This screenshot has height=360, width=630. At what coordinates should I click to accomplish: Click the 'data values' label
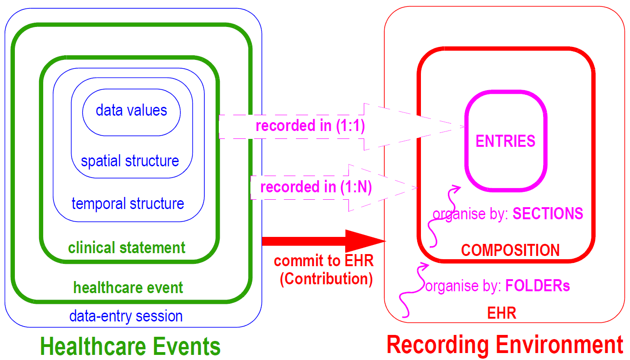coord(131,111)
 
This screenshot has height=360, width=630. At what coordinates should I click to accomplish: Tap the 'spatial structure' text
coord(130,161)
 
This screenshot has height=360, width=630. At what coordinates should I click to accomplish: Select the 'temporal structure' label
coord(128,203)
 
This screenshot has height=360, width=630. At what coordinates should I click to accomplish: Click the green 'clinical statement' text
coord(127,248)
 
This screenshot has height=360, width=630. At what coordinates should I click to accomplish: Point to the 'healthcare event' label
coord(128,288)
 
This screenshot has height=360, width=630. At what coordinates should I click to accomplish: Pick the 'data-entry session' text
coord(126,316)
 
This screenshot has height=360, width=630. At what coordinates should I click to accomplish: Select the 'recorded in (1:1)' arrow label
coord(310,126)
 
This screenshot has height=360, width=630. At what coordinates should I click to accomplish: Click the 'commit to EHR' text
coord(324,261)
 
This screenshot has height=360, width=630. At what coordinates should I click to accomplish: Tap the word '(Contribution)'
coord(326,279)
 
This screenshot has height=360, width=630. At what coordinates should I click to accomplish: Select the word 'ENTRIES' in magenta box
coord(505,141)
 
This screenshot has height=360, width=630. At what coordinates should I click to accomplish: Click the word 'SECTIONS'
coord(548,213)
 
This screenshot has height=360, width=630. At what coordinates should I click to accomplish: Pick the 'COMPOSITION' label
coord(510,250)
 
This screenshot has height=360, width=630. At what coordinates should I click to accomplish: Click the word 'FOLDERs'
coord(538,285)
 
